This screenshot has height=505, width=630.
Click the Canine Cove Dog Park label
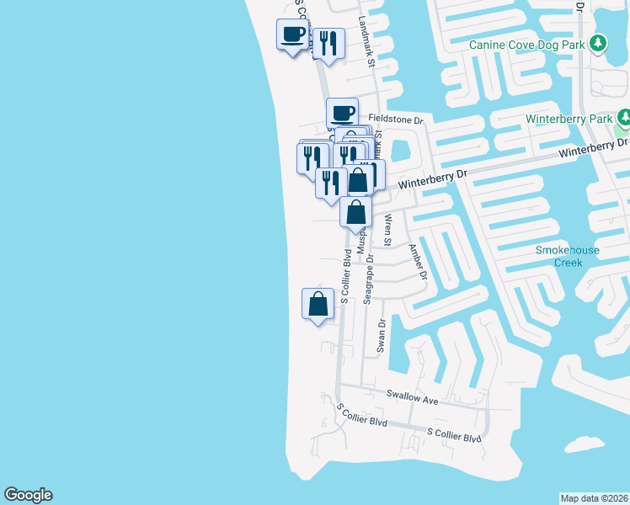pyautogui.click(x=527, y=44)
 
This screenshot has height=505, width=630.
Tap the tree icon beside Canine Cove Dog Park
pyautogui.click(x=598, y=43)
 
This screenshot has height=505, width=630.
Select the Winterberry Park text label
pyautogui.click(x=569, y=119)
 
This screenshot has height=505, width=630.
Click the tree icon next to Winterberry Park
pyautogui.click(x=623, y=118)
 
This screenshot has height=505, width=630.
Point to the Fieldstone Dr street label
pyautogui.click(x=395, y=121)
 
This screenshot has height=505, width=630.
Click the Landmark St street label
pyautogui.click(x=367, y=40)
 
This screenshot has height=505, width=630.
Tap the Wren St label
pyautogui.click(x=388, y=230)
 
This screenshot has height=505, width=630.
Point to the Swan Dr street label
pyautogui.click(x=382, y=335)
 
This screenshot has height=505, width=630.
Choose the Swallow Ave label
pyautogui.click(x=413, y=396)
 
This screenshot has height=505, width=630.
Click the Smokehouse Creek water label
pyautogui.click(x=559, y=257)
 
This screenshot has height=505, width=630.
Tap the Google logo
pyautogui.click(x=28, y=495)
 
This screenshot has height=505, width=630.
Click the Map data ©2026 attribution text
pyautogui.click(x=595, y=497)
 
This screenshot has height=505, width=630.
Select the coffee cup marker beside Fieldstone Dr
pyautogui.click(x=343, y=113)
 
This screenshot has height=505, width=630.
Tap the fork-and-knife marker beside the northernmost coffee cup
pyautogui.click(x=328, y=43)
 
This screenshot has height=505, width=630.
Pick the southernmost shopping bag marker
pyautogui.click(x=318, y=304)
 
